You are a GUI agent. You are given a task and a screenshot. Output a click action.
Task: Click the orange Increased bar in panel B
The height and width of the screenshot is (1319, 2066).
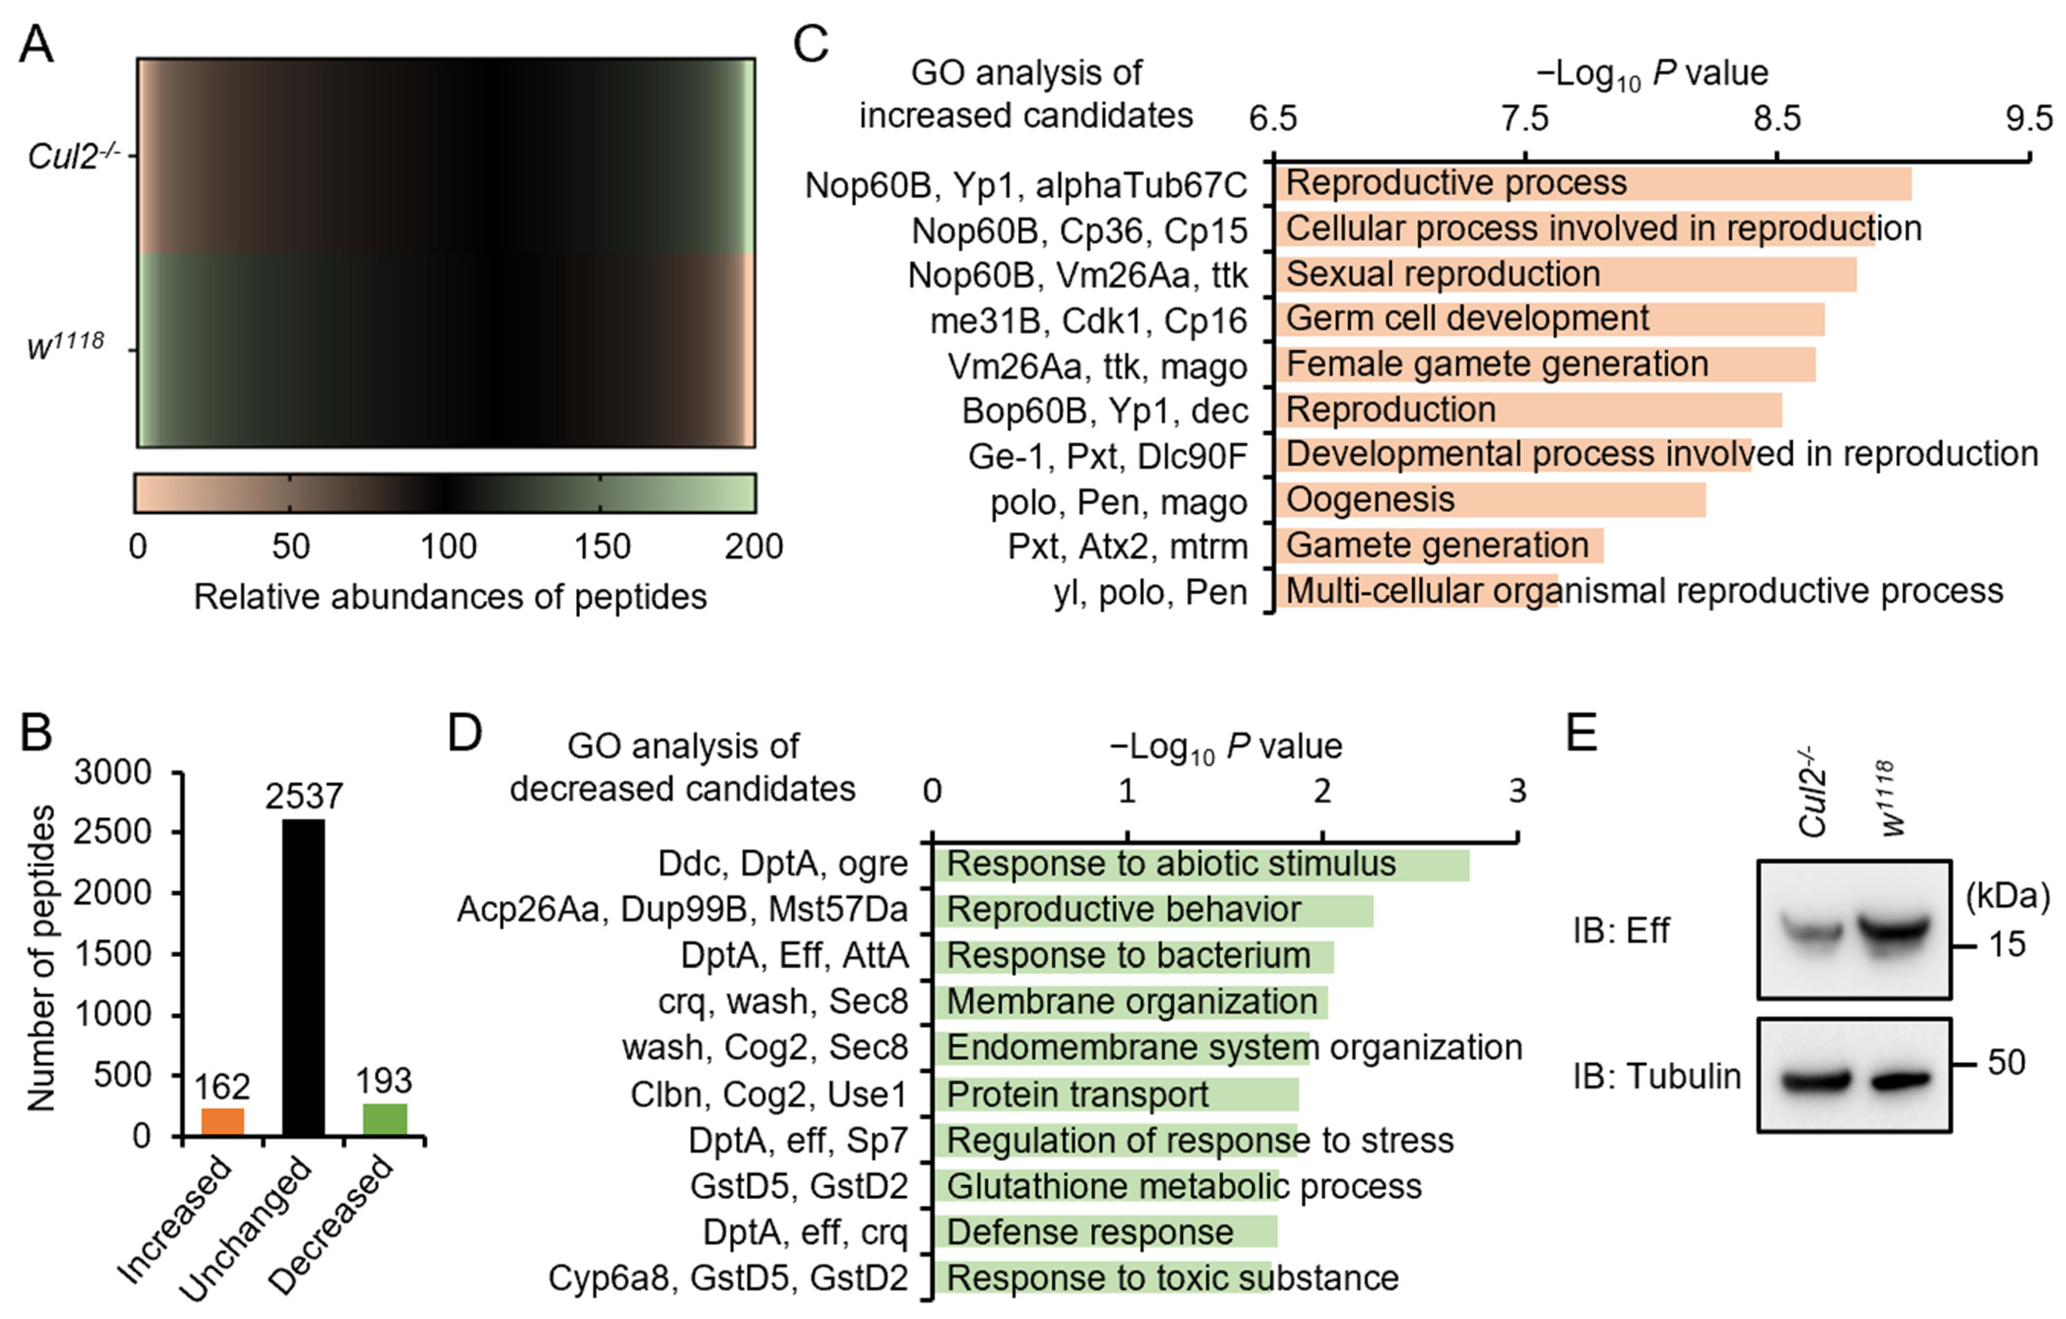tap(222, 1122)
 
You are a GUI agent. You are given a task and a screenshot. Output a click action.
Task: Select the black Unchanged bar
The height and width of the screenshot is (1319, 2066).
tap(304, 978)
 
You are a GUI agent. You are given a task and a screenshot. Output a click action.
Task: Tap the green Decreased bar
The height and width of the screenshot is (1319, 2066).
tap(385, 1119)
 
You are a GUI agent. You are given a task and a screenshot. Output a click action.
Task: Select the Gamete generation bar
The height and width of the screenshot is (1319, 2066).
tap(1438, 546)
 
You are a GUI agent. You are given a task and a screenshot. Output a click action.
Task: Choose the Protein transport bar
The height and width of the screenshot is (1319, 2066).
tap(1115, 1094)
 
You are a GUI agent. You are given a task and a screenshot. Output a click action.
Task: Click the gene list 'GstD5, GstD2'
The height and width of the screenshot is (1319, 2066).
tap(799, 1186)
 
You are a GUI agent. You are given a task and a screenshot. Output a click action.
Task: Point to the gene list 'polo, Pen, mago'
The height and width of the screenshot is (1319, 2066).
tap(1118, 502)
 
